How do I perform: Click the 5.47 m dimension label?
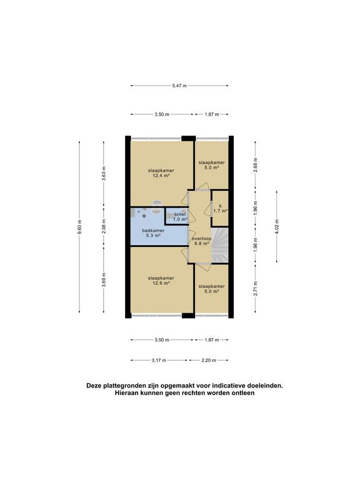(179, 86)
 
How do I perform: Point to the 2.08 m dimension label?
(104, 227)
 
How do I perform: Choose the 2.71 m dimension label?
(255, 288)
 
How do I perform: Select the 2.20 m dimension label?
(207, 361)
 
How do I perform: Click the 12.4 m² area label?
(161, 176)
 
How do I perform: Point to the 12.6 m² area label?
(161, 283)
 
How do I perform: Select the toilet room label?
(180, 214)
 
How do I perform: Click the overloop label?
(201, 238)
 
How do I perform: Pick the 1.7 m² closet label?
(220, 211)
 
